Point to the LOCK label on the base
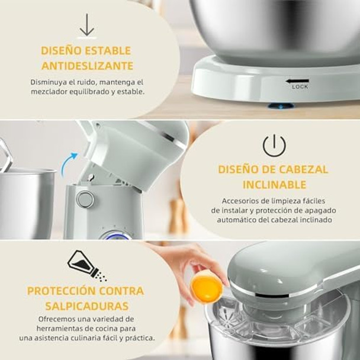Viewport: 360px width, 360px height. (x=300, y=87)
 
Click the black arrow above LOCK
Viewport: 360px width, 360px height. (x=297, y=81)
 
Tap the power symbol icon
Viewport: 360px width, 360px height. (x=274, y=145)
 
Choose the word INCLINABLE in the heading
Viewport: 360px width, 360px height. (x=274, y=185)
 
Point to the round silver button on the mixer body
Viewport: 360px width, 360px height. (x=85, y=199)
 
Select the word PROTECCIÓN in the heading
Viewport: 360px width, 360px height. (x=60, y=291)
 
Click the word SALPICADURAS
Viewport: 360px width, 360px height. (x=86, y=306)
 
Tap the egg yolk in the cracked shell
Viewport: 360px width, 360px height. (x=207, y=288)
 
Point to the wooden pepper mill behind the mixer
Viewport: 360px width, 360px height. (x=176, y=213)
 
